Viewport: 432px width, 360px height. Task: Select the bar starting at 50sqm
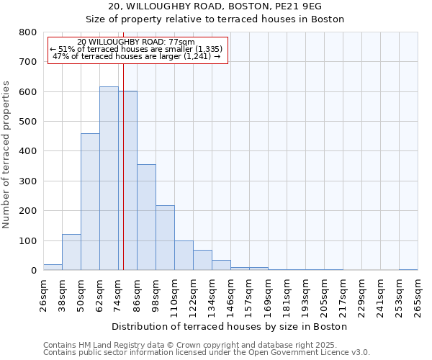[x=90, y=202]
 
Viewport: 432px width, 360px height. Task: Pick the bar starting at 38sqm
[x=71, y=252]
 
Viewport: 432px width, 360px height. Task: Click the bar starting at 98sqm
[x=165, y=238]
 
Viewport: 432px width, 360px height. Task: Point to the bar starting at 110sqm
[x=184, y=256]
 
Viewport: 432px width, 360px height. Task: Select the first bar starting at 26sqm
[x=53, y=267]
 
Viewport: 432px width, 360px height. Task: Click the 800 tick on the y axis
[x=27, y=32]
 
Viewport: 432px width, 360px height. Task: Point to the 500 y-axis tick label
[x=27, y=122]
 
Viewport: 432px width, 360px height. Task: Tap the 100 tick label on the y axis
[x=27, y=240]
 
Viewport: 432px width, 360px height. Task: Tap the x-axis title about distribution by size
[x=230, y=326]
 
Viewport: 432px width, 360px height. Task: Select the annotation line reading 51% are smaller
[x=137, y=49]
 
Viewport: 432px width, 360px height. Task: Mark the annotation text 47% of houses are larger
[x=137, y=56]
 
